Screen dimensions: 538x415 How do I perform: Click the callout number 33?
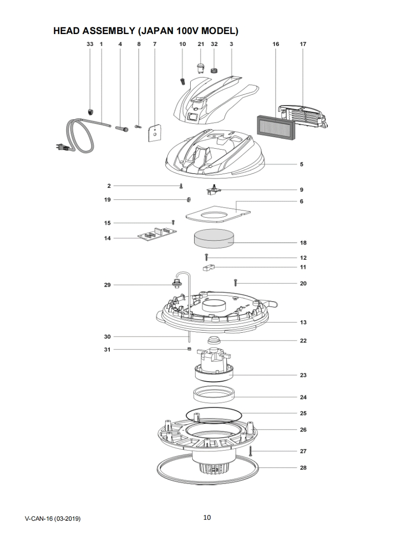tap(90, 44)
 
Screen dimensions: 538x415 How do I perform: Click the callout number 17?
tap(303, 44)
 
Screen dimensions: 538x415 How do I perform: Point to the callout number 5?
tap(301, 164)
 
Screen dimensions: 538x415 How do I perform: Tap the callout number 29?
tap(107, 285)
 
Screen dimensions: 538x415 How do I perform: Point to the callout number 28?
tap(303, 468)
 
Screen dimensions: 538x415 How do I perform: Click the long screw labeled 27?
tap(250, 451)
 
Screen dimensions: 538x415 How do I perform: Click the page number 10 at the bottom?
tap(207, 517)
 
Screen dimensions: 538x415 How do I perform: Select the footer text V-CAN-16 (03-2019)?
tap(53, 519)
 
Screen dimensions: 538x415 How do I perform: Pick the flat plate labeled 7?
tap(154, 132)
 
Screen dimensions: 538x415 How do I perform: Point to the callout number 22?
tap(303, 341)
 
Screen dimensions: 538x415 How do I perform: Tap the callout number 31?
tap(107, 350)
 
